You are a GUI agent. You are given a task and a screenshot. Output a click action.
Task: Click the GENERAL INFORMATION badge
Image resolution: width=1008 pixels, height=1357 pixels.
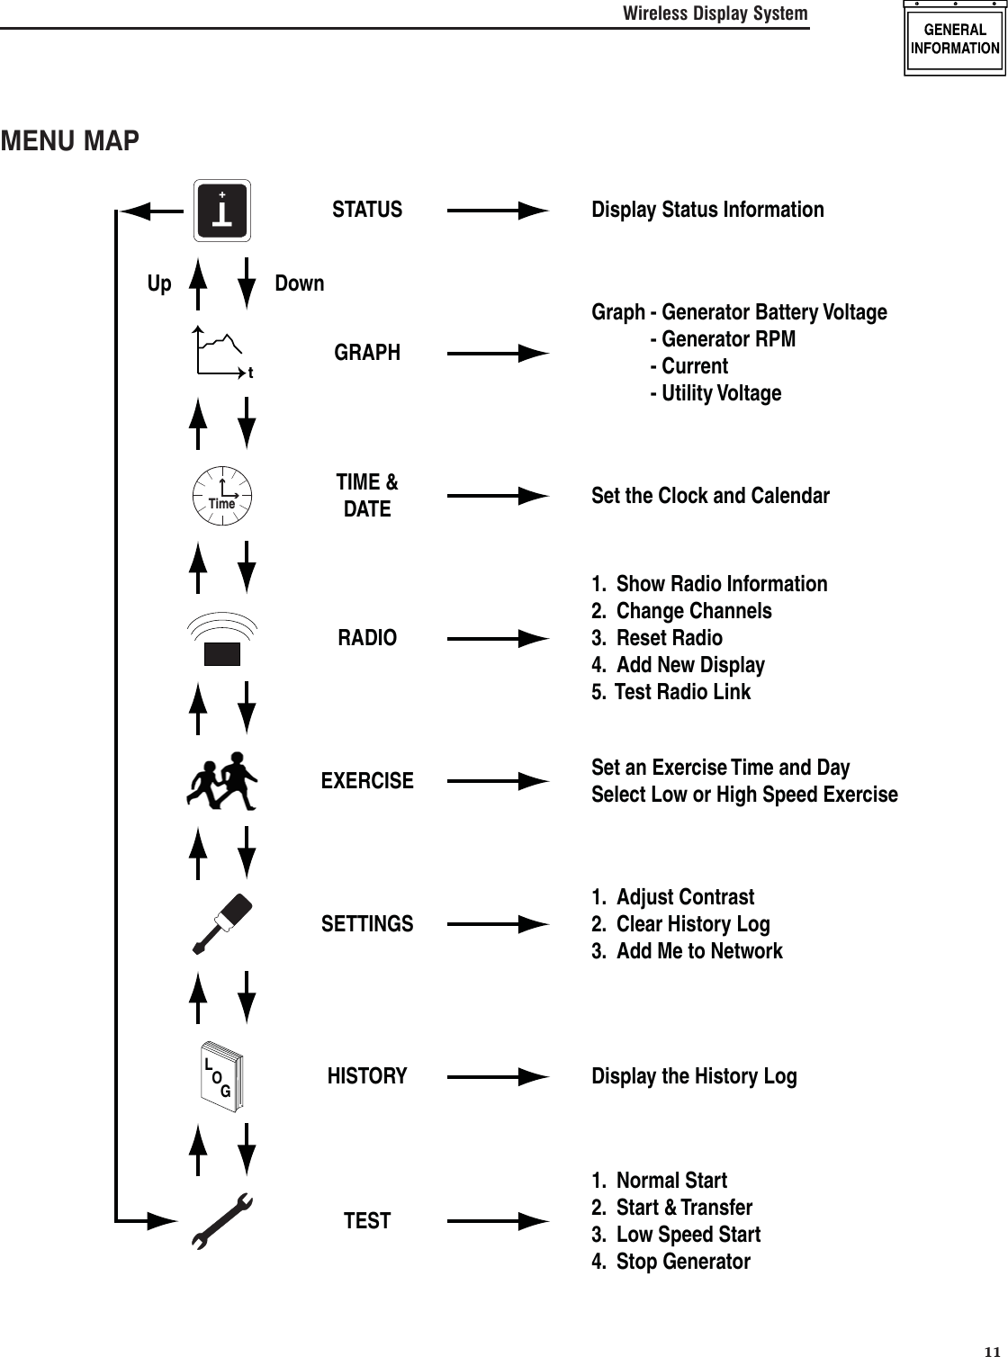[955, 40]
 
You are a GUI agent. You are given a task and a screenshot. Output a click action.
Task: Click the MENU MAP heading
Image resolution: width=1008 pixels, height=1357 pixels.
[70, 141]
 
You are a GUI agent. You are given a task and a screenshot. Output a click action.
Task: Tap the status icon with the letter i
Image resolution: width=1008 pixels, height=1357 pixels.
[222, 211]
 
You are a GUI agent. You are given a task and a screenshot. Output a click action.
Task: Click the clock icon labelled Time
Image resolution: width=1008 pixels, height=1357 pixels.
[222, 495]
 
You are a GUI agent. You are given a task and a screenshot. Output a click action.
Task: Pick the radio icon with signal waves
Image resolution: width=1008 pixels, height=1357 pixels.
[221, 639]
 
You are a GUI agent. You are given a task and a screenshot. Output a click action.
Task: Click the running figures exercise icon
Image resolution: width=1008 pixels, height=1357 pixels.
[222, 780]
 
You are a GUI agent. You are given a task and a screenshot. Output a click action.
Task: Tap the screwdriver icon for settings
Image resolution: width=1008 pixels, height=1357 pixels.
[222, 923]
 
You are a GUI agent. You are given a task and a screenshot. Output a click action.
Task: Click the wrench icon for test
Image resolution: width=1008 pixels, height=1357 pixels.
[222, 1221]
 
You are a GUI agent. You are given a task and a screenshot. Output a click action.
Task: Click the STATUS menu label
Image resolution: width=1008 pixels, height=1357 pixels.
[367, 210]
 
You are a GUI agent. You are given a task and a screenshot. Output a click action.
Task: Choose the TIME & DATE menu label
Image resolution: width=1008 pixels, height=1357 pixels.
[367, 496]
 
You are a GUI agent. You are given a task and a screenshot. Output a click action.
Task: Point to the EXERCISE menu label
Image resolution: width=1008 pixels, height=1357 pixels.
[367, 780]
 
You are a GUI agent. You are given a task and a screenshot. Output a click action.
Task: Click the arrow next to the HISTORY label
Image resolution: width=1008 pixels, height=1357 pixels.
[498, 1076]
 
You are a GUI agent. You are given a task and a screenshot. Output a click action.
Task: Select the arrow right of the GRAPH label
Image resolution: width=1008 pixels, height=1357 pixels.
[498, 353]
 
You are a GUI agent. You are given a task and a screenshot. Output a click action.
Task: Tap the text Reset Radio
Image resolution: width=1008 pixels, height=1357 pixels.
[669, 638]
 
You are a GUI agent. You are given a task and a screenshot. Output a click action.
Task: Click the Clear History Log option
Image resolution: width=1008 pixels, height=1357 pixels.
[692, 924]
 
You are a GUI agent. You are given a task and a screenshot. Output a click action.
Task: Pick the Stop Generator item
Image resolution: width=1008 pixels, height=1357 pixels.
[682, 1262]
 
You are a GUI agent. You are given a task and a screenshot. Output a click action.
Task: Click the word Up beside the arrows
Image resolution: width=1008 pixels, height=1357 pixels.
[159, 283]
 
